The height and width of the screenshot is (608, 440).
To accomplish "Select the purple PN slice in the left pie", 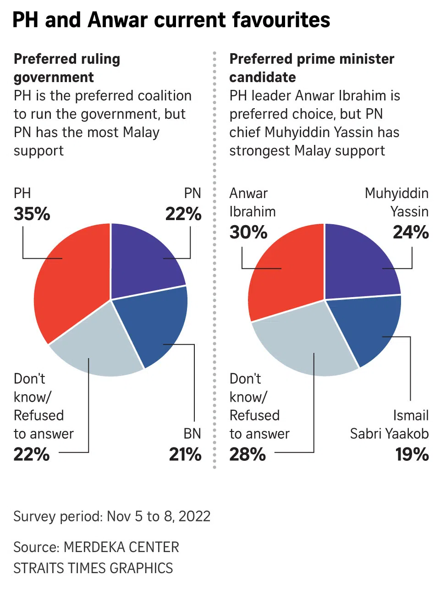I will (x=144, y=261).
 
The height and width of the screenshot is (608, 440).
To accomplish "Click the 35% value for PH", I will (x=32, y=214).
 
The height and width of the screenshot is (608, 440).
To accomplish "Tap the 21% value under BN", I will (x=185, y=454).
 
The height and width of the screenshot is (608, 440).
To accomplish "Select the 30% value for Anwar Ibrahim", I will (x=248, y=232).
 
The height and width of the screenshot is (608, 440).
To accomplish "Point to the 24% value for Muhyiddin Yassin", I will (x=411, y=232).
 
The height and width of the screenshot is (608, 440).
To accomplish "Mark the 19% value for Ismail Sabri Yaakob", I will (x=412, y=454).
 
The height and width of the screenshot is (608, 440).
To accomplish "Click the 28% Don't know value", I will (x=247, y=454).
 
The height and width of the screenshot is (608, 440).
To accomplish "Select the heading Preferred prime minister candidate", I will (x=312, y=68).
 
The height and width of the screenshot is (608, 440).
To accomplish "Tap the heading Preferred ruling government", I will (x=67, y=68).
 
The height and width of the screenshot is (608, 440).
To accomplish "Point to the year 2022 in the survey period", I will (x=194, y=516).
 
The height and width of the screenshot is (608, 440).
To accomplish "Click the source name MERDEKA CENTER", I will (x=121, y=547).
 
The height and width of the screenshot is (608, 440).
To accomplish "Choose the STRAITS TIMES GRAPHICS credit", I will (x=93, y=568).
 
